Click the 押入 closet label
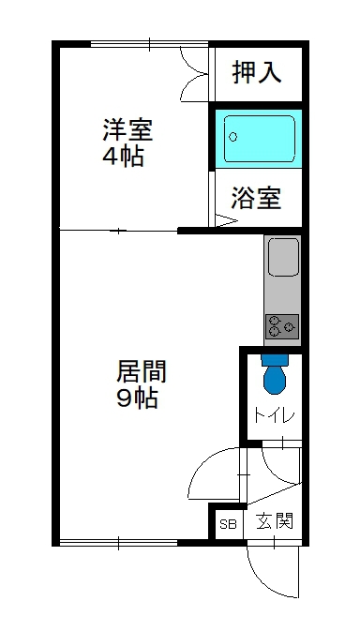coord(257,73)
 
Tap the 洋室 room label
coord(128,129)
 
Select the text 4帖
coord(123,156)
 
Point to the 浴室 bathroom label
coord(257,199)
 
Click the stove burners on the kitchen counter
coord(282,326)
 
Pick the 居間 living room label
coord(142,371)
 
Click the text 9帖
coord(137,398)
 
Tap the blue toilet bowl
coord(274,378)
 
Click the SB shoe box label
coord(228,523)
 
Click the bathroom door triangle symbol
coord(226,221)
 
